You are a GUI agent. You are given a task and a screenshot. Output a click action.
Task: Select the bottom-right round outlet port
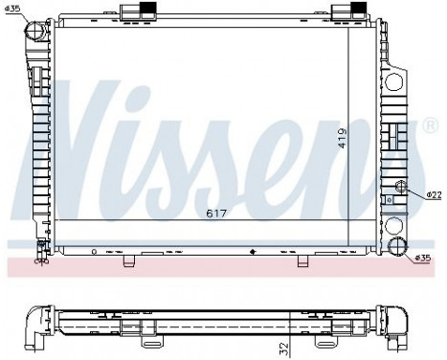[x=398, y=249]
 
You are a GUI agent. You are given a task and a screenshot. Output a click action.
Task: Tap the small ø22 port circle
[x=400, y=188]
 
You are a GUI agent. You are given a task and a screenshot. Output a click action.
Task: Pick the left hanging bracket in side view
[x=150, y=334]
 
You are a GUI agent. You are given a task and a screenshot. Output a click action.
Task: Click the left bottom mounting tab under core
[x=140, y=259]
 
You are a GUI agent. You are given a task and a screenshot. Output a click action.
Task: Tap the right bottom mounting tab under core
[x=302, y=259]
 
